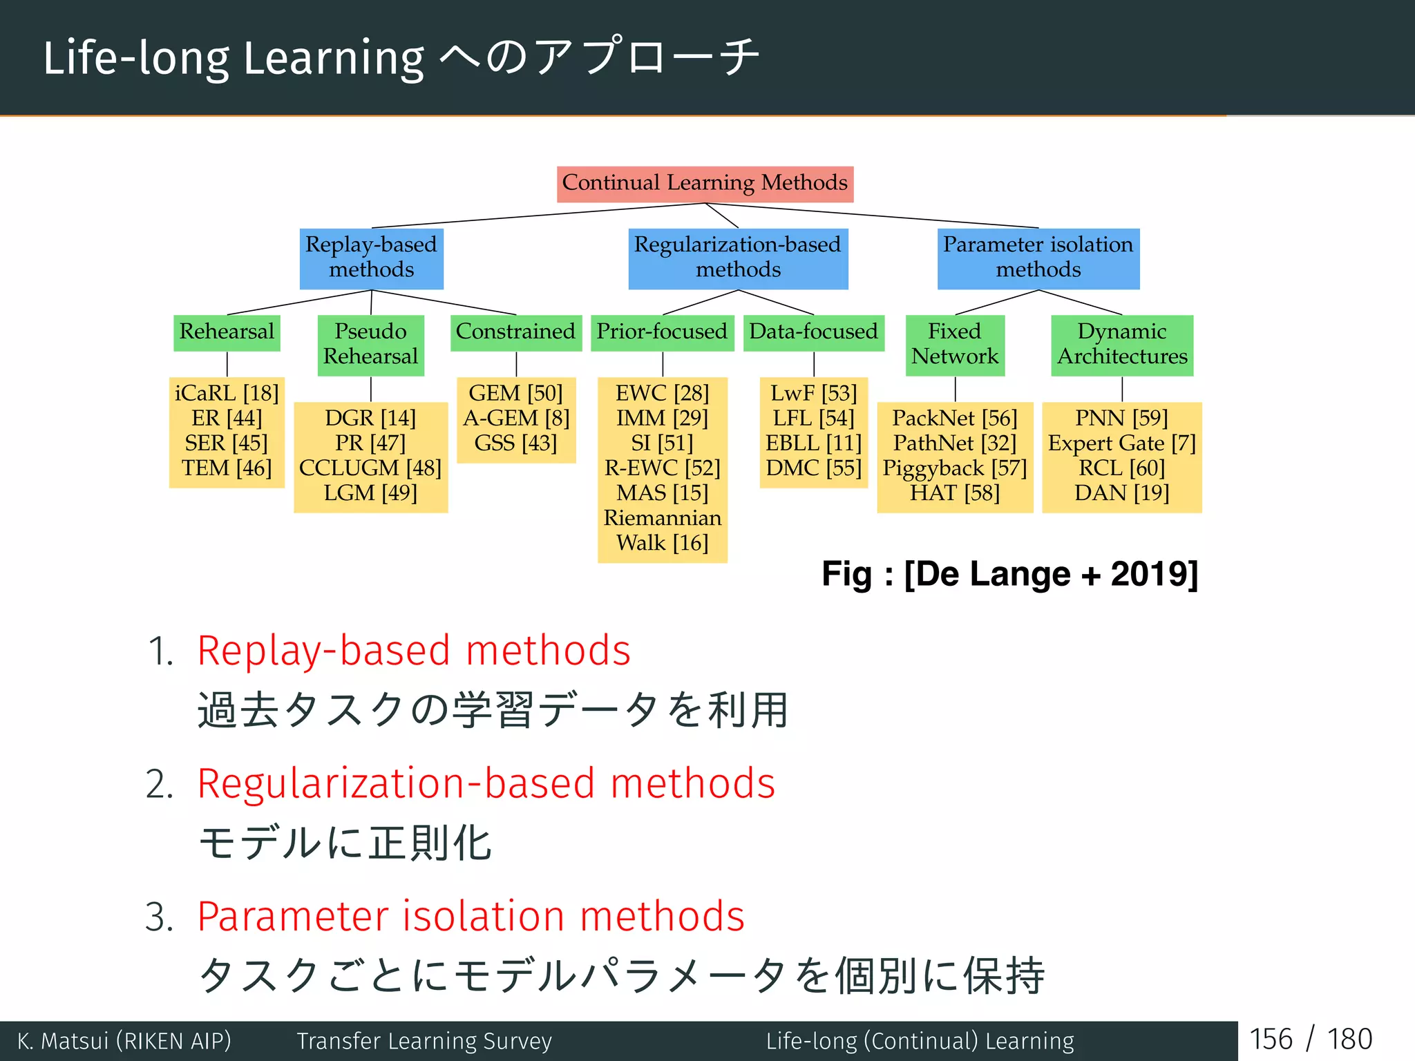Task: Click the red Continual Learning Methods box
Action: (705, 184)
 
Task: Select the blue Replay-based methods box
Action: (371, 258)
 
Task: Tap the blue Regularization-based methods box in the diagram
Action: (737, 258)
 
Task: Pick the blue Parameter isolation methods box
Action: (1038, 258)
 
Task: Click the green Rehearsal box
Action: (227, 332)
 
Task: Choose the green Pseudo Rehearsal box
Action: (370, 344)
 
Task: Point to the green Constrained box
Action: (515, 332)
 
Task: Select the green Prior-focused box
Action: (662, 332)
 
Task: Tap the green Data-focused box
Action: (813, 332)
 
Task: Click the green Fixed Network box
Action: (955, 344)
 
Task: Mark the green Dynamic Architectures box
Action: (1122, 344)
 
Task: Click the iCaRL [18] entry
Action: (227, 394)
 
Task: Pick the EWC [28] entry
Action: (662, 394)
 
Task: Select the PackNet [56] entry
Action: (954, 419)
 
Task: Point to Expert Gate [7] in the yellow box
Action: (1121, 443)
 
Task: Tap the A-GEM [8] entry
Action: (515, 419)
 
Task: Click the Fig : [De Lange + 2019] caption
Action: (1009, 574)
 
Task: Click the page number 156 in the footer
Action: (1270, 1040)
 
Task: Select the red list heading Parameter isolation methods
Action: (471, 917)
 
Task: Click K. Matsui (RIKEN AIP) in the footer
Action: (124, 1041)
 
